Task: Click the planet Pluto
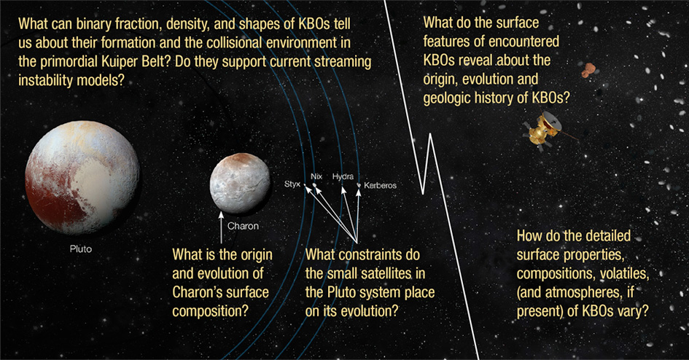(x=82, y=177)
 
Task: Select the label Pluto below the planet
(x=81, y=249)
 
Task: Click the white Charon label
(x=243, y=226)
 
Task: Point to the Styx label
(x=292, y=184)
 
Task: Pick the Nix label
(x=316, y=176)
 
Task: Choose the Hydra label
(x=343, y=176)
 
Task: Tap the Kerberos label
(x=380, y=186)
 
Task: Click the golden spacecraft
(x=545, y=129)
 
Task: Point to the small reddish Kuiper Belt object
(x=588, y=70)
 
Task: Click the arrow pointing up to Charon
(x=221, y=228)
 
